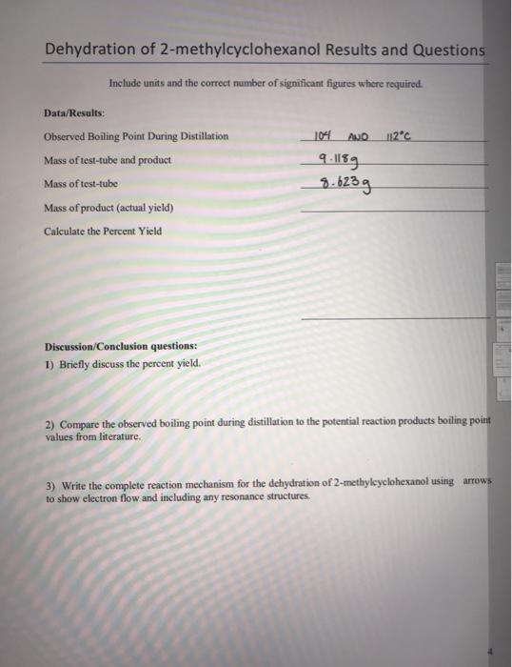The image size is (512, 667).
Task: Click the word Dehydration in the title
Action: point(92,50)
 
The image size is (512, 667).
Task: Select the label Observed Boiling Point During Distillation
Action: point(136,136)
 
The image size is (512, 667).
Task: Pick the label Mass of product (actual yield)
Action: point(108,207)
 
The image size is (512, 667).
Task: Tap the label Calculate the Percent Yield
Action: point(103,231)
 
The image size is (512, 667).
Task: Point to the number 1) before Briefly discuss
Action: point(49,364)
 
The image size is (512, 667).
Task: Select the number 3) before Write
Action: point(50,483)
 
